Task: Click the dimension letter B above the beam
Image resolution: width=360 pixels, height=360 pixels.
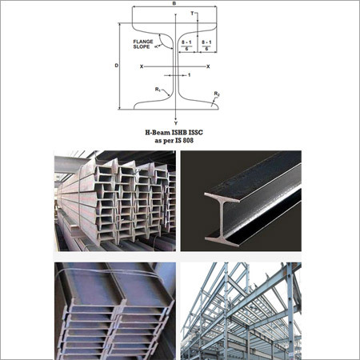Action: pyautogui.click(x=174, y=3)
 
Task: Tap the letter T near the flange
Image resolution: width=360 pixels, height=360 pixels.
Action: pyautogui.click(x=192, y=13)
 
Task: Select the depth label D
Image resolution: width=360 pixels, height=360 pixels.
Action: pyautogui.click(x=117, y=66)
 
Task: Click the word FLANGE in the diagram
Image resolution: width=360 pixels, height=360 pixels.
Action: pyautogui.click(x=143, y=42)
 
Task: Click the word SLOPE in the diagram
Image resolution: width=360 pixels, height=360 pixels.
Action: pyautogui.click(x=142, y=46)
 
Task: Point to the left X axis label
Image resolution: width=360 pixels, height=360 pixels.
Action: pyautogui.click(x=142, y=66)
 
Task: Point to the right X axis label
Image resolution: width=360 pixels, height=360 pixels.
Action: pyautogui.click(x=208, y=66)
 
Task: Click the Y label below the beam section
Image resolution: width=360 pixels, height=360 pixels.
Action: pyautogui.click(x=176, y=123)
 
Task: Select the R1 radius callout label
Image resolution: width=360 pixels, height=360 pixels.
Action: pyautogui.click(x=158, y=90)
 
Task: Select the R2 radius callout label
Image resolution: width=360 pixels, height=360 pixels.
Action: pyautogui.click(x=217, y=94)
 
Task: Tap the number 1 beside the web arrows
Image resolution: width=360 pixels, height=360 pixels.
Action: pyautogui.click(x=189, y=75)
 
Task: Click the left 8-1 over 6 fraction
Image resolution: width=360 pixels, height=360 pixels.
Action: pyautogui.click(x=186, y=46)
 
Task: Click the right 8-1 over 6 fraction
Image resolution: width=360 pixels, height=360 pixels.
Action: pyautogui.click(x=206, y=46)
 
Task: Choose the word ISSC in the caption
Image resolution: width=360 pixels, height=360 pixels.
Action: pyautogui.click(x=196, y=133)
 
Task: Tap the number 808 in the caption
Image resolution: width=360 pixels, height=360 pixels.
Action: pyautogui.click(x=188, y=141)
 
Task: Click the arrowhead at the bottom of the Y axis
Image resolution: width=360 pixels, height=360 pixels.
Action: pyautogui.click(x=176, y=118)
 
